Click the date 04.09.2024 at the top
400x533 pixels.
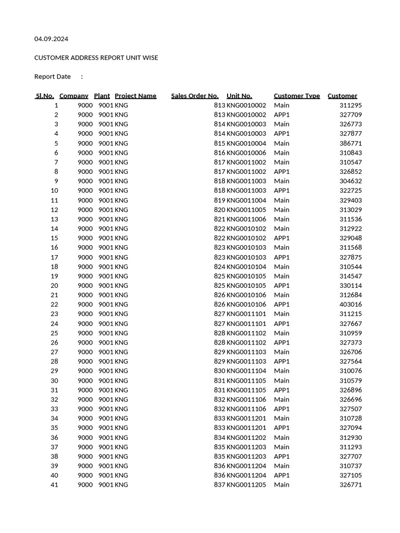51,39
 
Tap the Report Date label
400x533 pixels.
53,77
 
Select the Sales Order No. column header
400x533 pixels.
195,96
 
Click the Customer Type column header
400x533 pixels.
297,96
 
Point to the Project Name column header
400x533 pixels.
135,96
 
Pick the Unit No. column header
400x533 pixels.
239,96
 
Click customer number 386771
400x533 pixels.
351,143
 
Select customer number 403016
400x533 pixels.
351,304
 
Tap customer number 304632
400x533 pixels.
351,181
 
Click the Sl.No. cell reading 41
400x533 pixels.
54,485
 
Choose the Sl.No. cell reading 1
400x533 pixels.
56,105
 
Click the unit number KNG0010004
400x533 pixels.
246,143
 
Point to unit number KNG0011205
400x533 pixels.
246,485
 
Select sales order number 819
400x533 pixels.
219,200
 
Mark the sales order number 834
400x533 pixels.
219,438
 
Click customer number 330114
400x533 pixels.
351,286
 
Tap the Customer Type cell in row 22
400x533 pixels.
282,304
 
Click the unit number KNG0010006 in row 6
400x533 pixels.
246,153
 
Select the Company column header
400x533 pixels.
74,96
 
